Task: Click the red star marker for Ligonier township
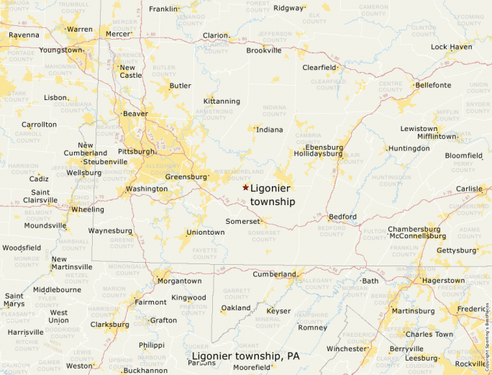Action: pos(245,187)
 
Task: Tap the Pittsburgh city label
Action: pos(136,152)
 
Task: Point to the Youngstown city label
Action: pos(61,50)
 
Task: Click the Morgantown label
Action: pos(179,281)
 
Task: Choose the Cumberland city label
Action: pos(274,274)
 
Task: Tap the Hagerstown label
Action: pos(443,280)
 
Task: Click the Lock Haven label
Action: pos(451,47)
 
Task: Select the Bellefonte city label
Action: pos(433,85)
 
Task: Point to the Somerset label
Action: pos(242,221)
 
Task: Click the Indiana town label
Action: pos(269,130)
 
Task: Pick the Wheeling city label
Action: pos(87,209)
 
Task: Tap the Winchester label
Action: pos(347,348)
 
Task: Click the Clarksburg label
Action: pos(110,325)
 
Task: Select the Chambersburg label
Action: pos(414,230)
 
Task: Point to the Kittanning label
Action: pos(222,101)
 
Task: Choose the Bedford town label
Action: pos(342,217)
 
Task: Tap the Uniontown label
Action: pos(205,232)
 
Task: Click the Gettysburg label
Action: pos(457,250)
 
